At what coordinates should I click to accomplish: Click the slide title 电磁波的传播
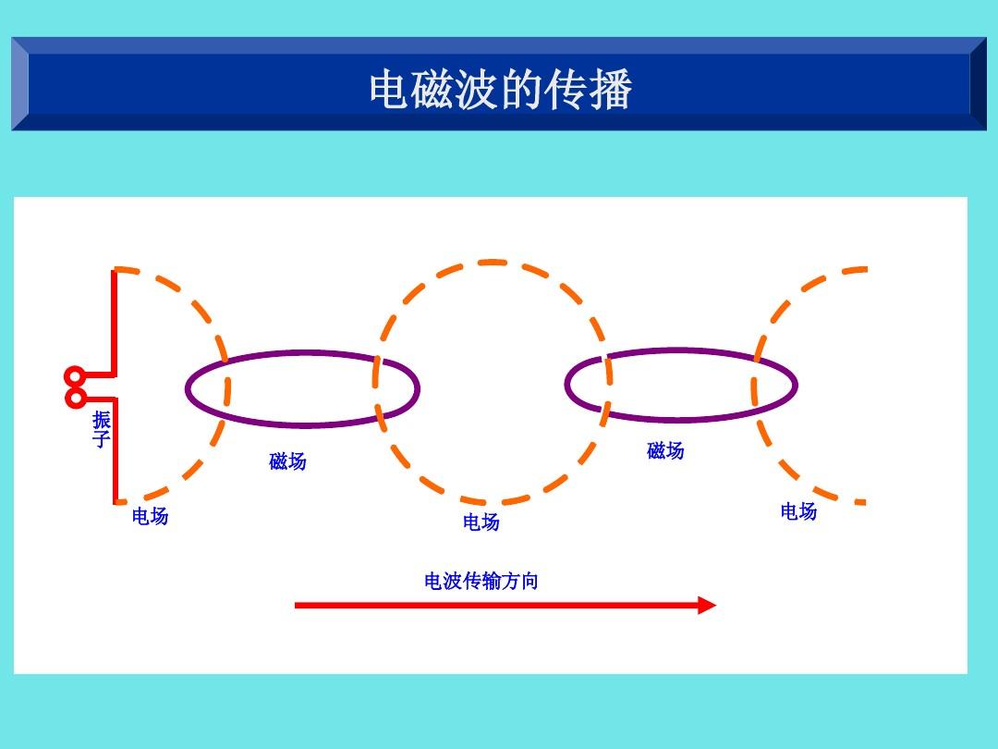500,90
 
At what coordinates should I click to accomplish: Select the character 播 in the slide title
611,90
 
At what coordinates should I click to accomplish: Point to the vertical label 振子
102,430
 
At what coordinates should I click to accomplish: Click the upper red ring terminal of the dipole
75,376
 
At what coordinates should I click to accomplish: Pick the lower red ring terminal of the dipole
75,398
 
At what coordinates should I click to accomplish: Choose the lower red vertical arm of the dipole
115,453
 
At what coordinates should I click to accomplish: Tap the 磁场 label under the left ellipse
287,460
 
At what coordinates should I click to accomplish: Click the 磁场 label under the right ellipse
665,450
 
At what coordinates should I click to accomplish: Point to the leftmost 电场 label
150,516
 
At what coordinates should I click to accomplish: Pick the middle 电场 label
481,522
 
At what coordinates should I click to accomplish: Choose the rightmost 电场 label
798,511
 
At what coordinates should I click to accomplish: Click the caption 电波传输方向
481,581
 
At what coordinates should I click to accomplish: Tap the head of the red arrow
707,606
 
